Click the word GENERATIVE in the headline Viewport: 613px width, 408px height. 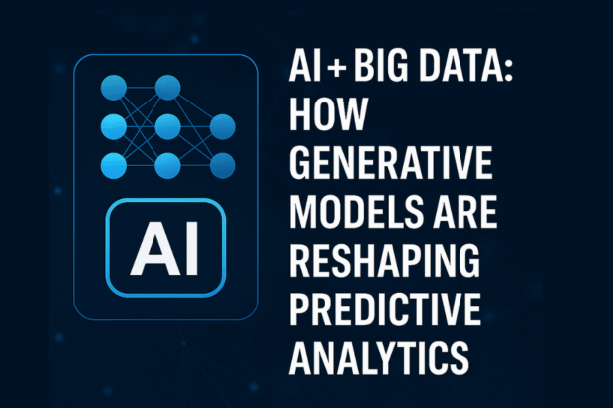391,162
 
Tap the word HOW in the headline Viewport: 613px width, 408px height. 328,114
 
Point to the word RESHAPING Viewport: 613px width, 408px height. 385,260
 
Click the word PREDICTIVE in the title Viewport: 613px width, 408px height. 385,308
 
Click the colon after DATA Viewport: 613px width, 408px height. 508,71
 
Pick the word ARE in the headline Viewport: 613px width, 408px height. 465,211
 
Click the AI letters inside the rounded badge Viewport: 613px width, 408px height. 165,248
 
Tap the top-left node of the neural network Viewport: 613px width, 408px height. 114,88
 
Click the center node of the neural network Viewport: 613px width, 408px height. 168,127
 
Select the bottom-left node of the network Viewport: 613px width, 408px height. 114,166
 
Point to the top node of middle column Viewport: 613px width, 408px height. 168,88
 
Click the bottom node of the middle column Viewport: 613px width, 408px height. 168,166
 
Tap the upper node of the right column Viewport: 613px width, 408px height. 223,127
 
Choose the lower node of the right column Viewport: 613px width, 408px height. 223,166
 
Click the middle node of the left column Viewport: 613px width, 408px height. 114,127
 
